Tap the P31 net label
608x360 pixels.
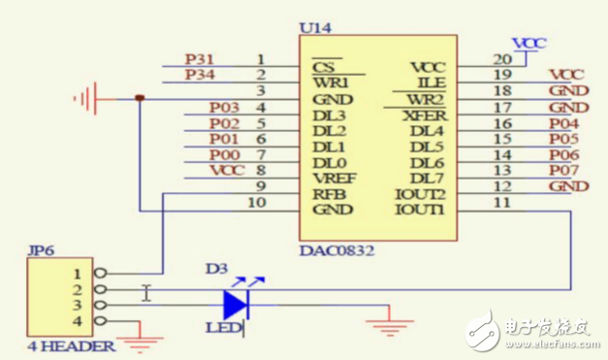point(199,59)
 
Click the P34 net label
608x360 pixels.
point(199,75)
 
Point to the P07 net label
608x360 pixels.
point(564,171)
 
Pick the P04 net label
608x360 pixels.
point(564,124)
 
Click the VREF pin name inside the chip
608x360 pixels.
point(333,179)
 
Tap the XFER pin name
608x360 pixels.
point(424,115)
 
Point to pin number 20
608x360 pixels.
point(501,60)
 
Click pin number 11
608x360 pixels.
point(501,203)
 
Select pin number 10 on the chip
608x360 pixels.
point(257,203)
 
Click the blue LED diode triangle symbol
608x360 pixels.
point(236,305)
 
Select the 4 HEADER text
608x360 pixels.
point(58,345)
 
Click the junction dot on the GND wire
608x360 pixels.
point(141,98)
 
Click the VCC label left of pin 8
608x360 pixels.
point(226,171)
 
